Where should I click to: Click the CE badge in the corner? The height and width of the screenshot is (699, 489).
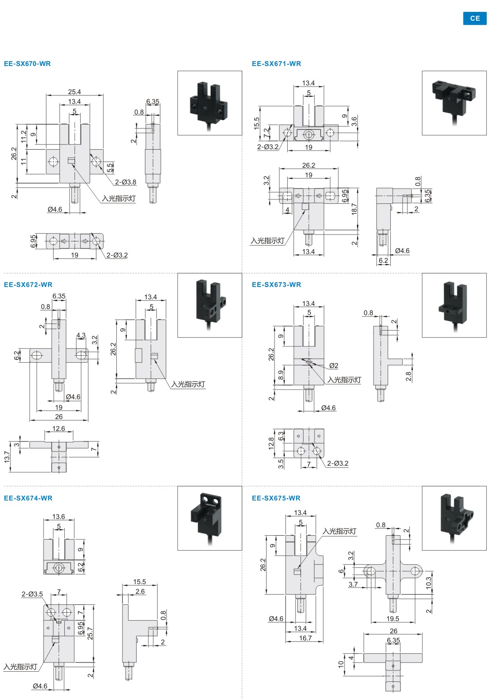[474, 18]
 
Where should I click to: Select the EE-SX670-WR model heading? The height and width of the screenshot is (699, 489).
[27, 64]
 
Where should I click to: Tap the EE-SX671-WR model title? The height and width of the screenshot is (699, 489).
[276, 64]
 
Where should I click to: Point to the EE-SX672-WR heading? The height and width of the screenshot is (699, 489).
[28, 285]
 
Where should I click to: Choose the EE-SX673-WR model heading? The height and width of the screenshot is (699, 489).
[276, 285]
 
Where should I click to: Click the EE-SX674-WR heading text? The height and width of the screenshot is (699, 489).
[28, 498]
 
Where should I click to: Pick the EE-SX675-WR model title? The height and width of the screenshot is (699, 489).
[276, 498]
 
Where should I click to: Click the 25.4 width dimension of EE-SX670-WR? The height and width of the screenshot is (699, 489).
[74, 92]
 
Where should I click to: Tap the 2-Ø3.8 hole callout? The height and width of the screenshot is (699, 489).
[126, 182]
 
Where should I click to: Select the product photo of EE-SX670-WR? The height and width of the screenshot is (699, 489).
[210, 103]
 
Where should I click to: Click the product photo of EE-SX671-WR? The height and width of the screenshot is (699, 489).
[454, 103]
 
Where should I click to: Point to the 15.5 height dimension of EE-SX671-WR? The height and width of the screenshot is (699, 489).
[257, 123]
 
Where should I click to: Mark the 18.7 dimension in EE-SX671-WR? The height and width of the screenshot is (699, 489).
[354, 209]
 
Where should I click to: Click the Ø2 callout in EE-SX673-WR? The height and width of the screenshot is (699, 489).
[333, 366]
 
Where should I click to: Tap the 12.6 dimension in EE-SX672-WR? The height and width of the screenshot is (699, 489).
[59, 429]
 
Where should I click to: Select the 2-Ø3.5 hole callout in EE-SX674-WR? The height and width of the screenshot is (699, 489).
[32, 594]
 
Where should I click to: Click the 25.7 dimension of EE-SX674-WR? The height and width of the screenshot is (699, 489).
[90, 633]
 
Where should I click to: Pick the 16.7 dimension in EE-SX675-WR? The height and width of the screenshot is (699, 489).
[305, 638]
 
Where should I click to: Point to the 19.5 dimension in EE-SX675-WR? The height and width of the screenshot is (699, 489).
[393, 618]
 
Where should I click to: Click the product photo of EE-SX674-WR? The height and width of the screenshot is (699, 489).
[210, 518]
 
